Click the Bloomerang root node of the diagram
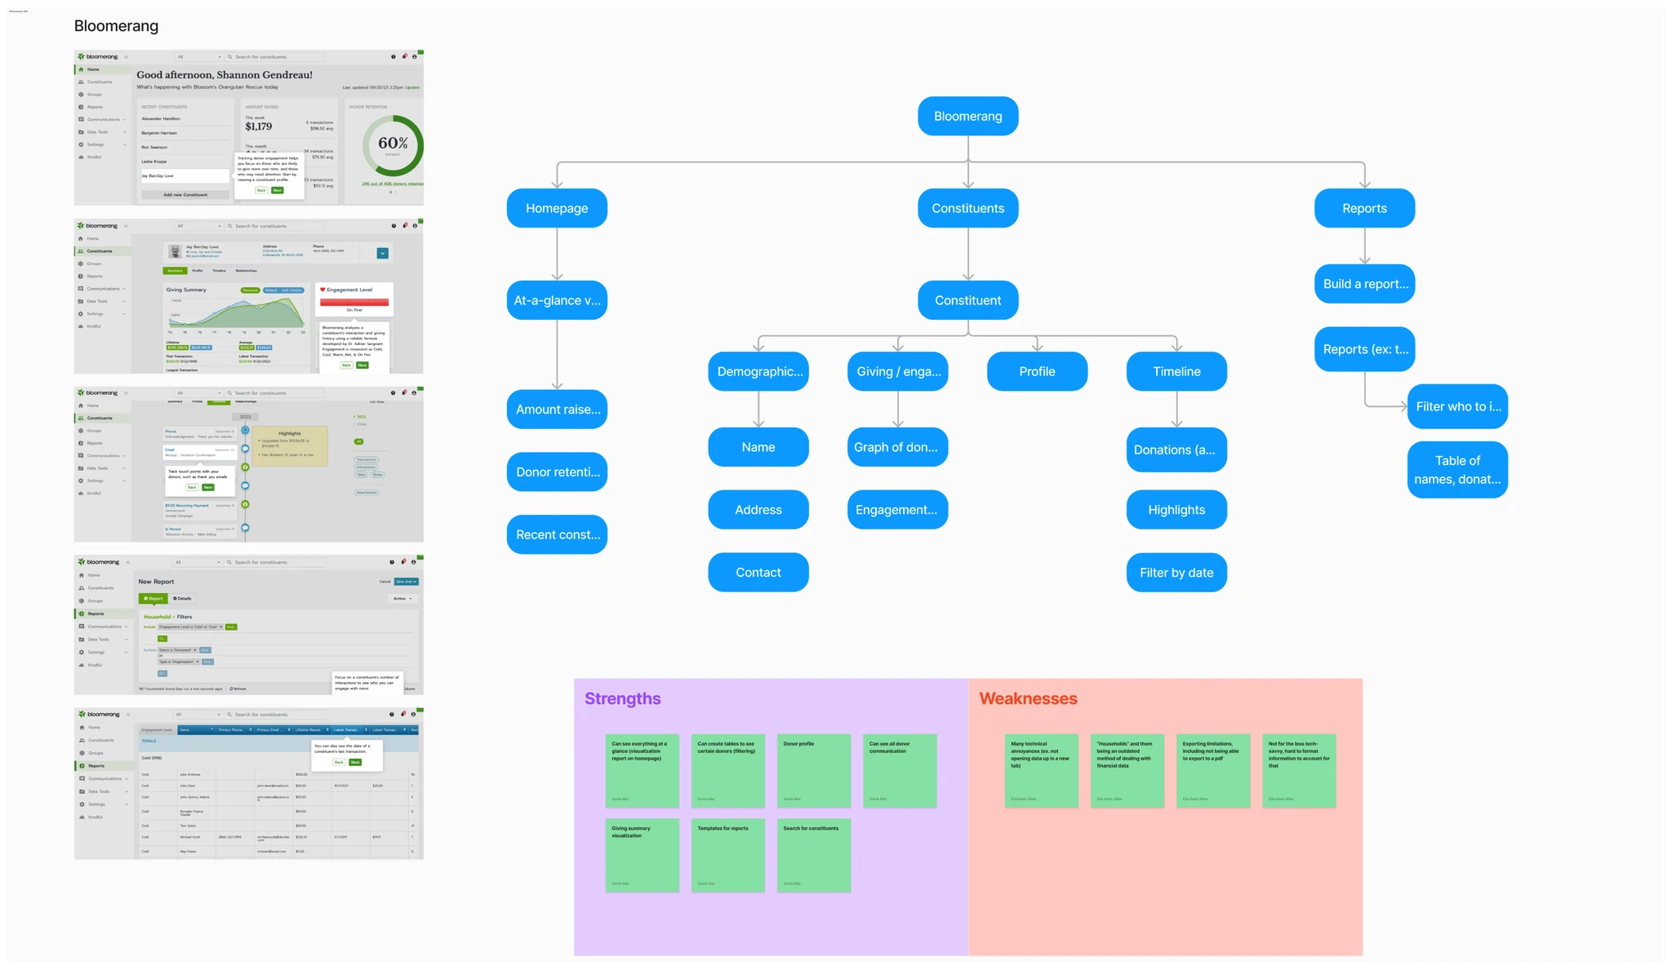967,117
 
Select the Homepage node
557,209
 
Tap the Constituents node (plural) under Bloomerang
967,209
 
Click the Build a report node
1364,284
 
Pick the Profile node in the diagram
1037,372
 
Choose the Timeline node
1176,372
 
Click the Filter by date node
1176,573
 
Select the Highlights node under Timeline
1176,510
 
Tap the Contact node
758,573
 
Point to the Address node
758,510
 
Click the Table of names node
1457,470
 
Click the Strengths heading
622,699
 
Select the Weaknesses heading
1028,699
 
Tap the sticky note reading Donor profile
814,771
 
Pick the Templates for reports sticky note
728,855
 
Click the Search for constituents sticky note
814,855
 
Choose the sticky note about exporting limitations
1213,771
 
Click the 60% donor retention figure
393,144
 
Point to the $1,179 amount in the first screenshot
259,126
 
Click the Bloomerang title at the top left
116,26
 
